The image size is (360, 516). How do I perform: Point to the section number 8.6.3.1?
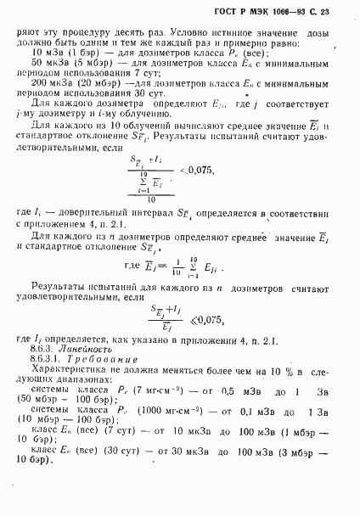pos(49,360)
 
